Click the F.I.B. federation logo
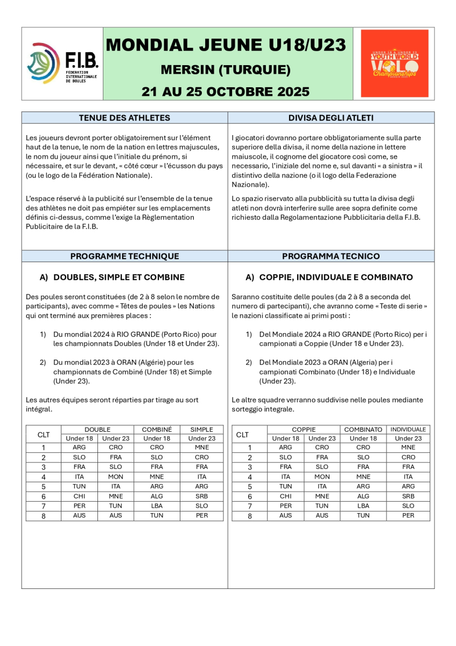coord(62,64)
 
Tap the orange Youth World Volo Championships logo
coord(394,64)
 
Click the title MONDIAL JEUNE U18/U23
coord(226,45)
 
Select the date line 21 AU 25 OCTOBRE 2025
coord(226,91)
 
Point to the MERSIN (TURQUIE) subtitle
coord(226,70)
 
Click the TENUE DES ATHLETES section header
coord(124,118)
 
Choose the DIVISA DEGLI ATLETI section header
coord(331,118)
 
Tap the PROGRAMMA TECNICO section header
coord(331,256)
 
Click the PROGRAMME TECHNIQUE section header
coord(124,256)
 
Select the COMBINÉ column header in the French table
coord(157,430)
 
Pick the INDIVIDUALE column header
coord(408,430)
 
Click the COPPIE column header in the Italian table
coord(304,430)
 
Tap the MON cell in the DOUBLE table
coord(115,476)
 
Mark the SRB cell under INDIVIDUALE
coord(408,496)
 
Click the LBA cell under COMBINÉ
coord(157,505)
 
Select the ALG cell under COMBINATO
coord(363,496)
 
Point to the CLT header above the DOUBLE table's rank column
coord(43,434)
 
